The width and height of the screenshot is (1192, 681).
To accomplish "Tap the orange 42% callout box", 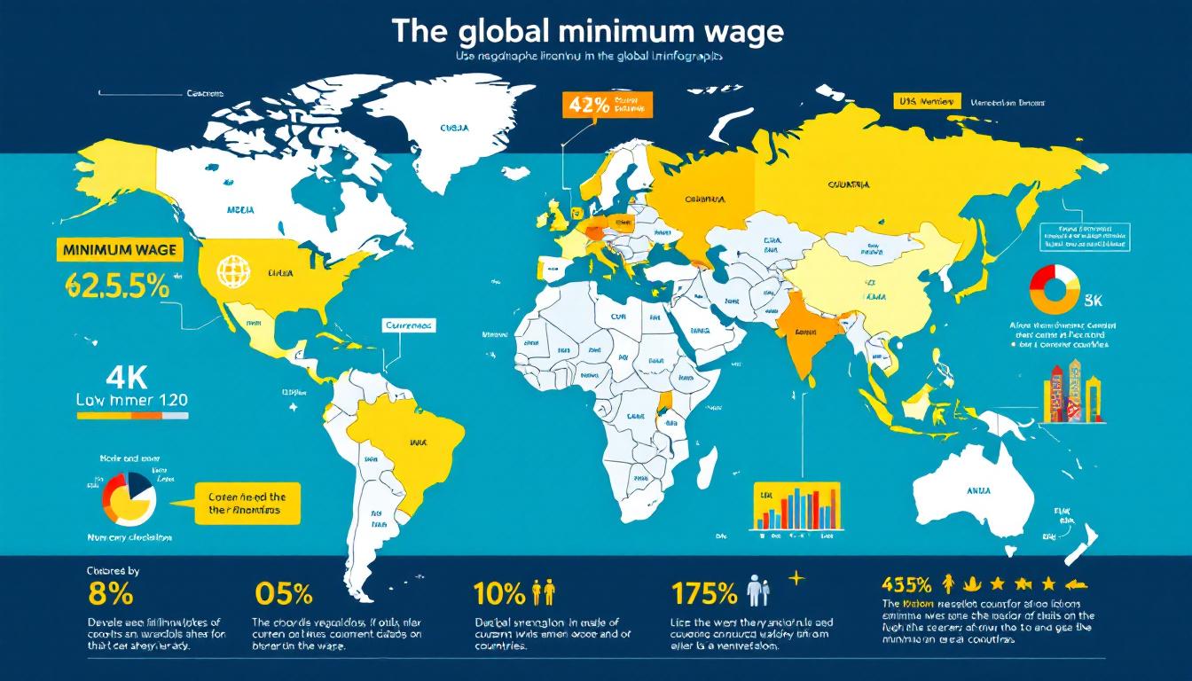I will coord(607,105).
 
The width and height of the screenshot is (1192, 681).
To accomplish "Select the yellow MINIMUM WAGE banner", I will coord(120,251).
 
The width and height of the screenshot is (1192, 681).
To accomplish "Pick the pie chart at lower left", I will coord(130,499).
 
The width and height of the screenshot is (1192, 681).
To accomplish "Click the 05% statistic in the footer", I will coord(283,592).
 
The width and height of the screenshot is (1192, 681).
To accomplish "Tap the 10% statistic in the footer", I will coord(500,592).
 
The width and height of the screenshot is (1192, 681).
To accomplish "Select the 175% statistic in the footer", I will coord(704,592).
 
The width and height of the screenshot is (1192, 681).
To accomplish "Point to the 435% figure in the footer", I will coord(906,584).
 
